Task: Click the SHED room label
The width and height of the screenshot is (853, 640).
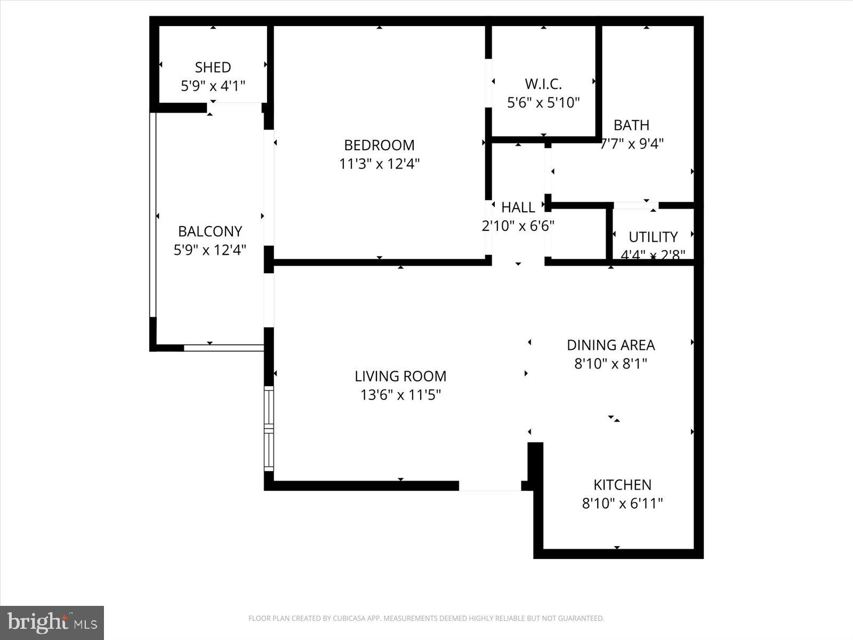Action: [x=213, y=67]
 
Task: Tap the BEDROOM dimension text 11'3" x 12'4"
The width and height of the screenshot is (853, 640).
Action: [x=379, y=164]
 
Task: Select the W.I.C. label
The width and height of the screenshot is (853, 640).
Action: [x=543, y=84]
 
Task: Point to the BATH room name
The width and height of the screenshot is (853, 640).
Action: [x=631, y=125]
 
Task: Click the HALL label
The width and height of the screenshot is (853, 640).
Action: [x=518, y=207]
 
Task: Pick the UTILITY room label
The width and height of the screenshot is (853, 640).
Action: [x=653, y=237]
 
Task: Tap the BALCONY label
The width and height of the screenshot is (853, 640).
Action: [x=210, y=231]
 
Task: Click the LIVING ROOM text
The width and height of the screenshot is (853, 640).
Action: [x=400, y=376]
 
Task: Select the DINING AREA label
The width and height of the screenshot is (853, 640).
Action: [x=610, y=345]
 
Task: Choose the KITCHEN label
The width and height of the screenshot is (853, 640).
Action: [x=622, y=485]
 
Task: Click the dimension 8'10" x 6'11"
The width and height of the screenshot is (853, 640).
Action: [x=622, y=503]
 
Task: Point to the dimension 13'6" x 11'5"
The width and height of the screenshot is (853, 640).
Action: [x=400, y=395]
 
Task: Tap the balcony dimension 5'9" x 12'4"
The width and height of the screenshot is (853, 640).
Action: [x=210, y=250]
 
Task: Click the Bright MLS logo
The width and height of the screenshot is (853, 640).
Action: [x=52, y=622]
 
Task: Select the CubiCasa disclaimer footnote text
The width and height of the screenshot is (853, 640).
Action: [x=426, y=619]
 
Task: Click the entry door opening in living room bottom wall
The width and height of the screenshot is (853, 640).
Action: [x=489, y=486]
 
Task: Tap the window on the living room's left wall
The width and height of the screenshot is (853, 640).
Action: [x=269, y=429]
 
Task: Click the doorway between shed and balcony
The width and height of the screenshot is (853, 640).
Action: [x=235, y=107]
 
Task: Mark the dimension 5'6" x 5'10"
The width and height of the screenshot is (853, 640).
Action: [x=543, y=102]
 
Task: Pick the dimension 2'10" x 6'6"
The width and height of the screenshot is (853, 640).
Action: [x=518, y=226]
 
